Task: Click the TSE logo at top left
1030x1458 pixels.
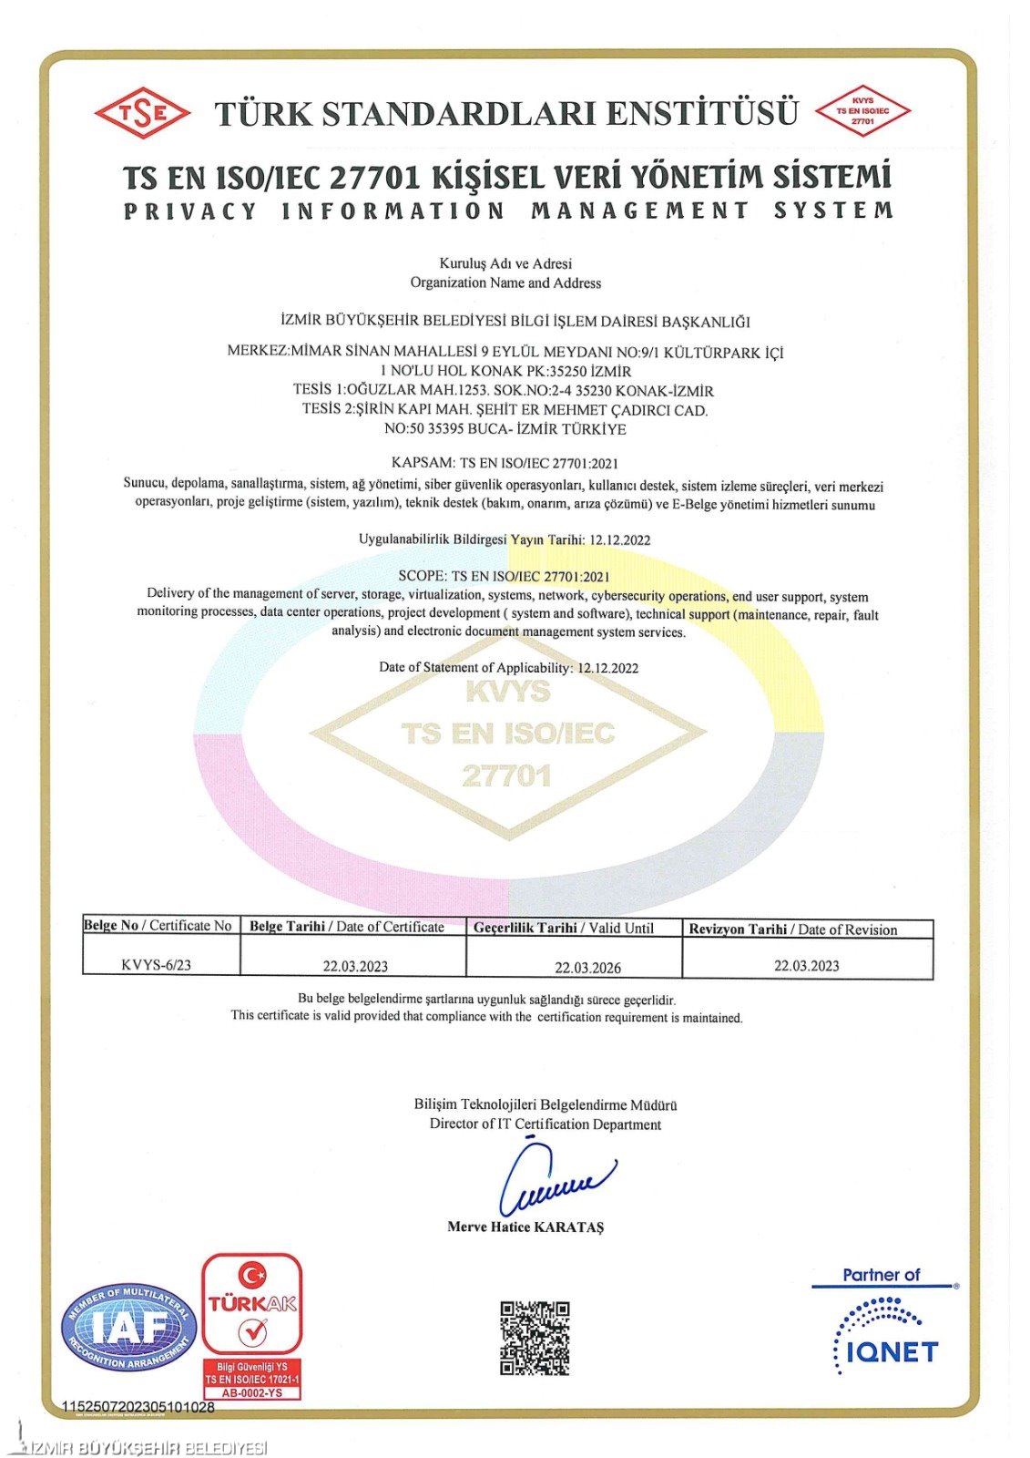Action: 142,113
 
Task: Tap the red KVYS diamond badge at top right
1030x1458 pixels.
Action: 862,111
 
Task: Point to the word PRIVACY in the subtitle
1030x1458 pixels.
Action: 191,211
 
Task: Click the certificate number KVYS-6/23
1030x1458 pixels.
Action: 156,965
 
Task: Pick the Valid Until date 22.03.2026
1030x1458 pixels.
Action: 587,967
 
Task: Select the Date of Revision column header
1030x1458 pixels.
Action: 792,929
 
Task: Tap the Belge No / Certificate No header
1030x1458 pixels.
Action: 158,926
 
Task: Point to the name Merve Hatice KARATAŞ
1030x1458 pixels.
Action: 525,1227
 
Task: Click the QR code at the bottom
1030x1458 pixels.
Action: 535,1337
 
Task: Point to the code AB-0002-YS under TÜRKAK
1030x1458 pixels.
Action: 251,1392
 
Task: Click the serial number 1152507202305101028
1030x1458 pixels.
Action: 138,1407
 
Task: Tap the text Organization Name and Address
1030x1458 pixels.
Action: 505,282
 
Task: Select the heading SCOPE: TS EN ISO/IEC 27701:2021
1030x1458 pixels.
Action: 504,576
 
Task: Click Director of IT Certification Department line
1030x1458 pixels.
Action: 545,1124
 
